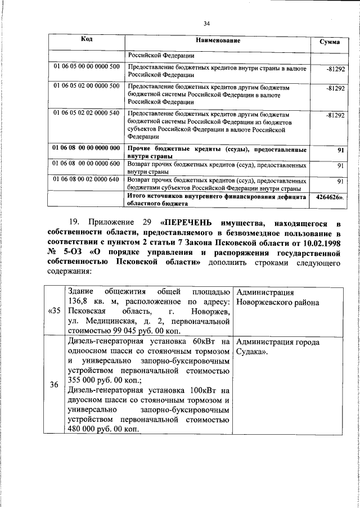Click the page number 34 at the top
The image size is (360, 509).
(x=206, y=24)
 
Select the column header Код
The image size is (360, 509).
(x=87, y=39)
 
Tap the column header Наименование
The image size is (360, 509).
(x=218, y=41)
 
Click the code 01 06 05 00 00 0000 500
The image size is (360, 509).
(x=87, y=67)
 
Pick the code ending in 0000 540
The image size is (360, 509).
(x=87, y=113)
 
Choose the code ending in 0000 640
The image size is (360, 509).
(x=87, y=179)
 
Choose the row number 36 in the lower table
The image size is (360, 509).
(x=54, y=385)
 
